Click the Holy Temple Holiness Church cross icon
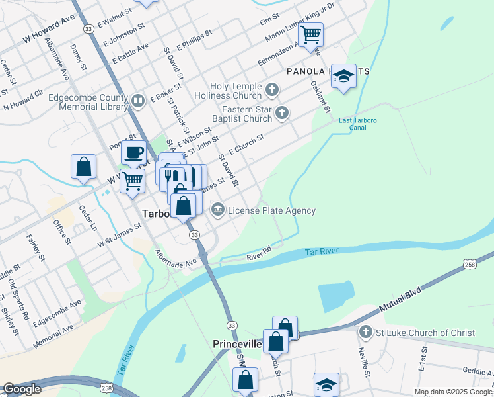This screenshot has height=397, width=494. point(271,88)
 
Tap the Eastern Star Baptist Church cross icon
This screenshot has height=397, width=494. point(282,112)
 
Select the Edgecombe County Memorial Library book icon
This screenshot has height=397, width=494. point(138,101)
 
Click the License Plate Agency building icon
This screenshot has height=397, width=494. point(217,210)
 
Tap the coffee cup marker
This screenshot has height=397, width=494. point(133,153)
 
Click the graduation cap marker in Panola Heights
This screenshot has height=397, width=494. point(343,77)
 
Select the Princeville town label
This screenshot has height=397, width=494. point(237,345)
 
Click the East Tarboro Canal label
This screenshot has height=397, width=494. point(352,124)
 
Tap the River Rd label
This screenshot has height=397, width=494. point(260,254)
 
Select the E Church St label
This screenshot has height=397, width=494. point(246,144)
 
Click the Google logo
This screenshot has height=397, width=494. point(22,389)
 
